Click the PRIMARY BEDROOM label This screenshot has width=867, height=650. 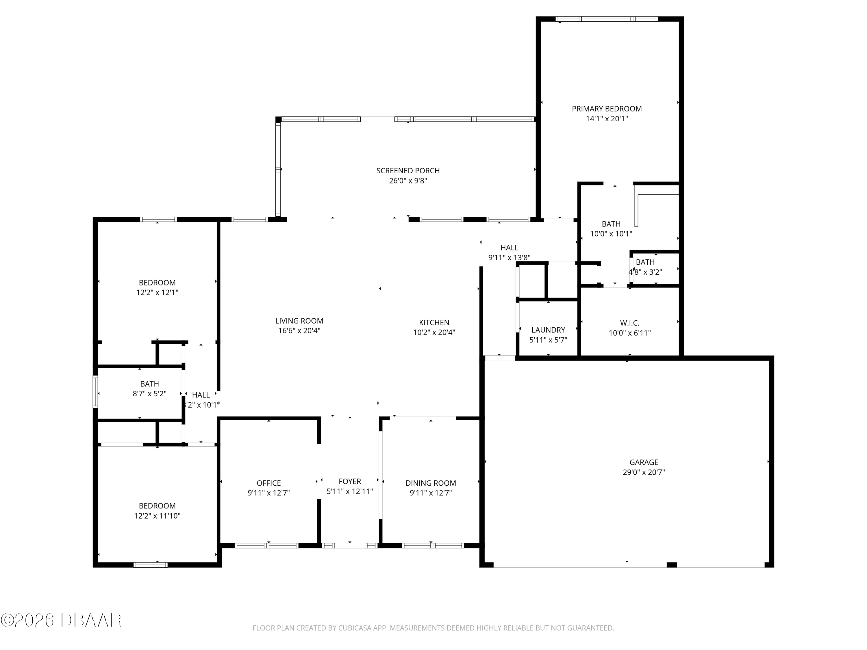click(606, 109)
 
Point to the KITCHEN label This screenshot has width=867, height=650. click(434, 322)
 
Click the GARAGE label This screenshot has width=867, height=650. click(644, 462)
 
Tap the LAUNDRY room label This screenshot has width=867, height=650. click(548, 330)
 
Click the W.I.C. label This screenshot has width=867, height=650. click(629, 323)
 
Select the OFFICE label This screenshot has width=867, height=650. click(268, 483)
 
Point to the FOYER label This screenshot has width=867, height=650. click(350, 481)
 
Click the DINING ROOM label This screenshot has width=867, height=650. click(430, 483)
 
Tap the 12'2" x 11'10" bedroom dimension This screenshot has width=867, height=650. click(157, 516)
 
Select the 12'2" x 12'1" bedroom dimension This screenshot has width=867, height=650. click(157, 293)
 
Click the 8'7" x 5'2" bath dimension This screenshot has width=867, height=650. click(149, 394)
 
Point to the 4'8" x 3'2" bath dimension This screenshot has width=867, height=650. click(645, 272)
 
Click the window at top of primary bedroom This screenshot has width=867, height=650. click(606, 19)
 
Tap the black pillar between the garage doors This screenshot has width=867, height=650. click(671, 564)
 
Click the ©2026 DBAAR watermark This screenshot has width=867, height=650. click(61, 620)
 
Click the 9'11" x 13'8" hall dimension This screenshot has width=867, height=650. click(509, 257)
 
